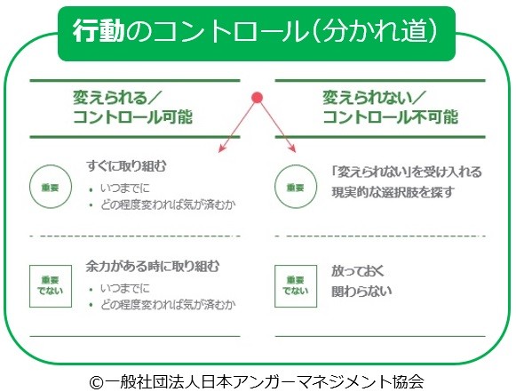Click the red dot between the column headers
point(257,98)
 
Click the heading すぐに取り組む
point(126,165)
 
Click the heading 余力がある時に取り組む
point(152,266)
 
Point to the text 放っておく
point(357,271)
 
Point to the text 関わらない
point(361,291)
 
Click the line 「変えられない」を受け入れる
point(407,172)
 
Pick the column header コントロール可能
point(132,117)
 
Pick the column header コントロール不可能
point(390,117)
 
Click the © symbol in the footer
point(97,382)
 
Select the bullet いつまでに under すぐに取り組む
point(124,188)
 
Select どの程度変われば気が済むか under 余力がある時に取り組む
point(168,305)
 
